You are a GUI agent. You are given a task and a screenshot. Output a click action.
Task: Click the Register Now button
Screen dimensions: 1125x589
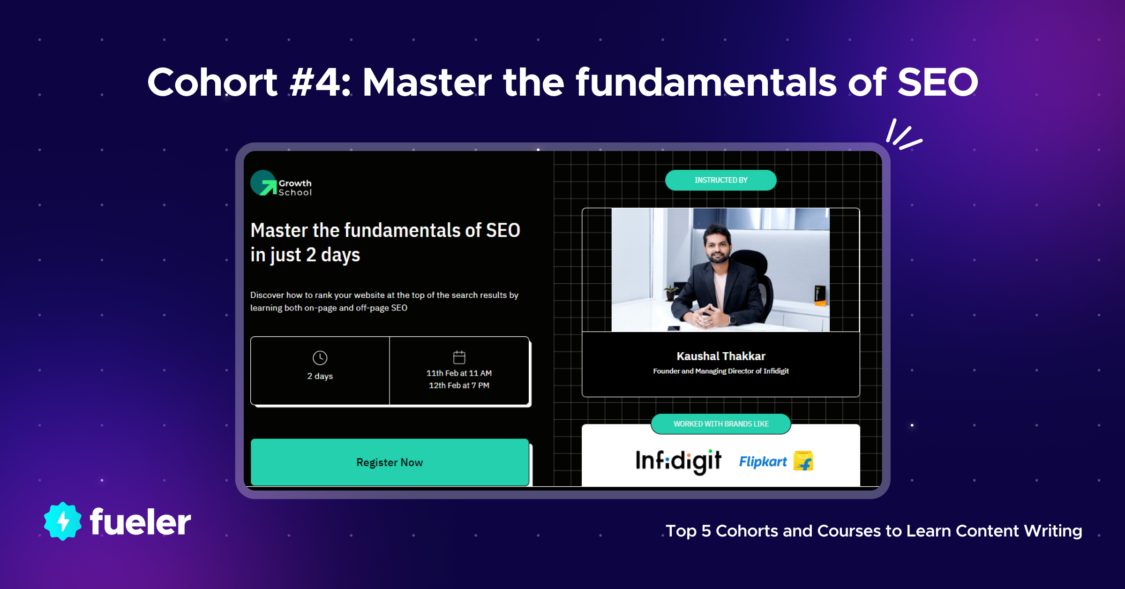[390, 462]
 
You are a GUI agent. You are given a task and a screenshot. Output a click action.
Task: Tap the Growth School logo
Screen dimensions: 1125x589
[281, 183]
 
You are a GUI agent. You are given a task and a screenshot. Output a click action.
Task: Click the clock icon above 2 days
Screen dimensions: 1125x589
[320, 358]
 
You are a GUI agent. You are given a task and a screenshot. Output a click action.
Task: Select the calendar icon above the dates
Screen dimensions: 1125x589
[459, 357]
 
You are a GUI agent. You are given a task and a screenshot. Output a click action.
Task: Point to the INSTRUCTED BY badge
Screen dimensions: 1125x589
[721, 180]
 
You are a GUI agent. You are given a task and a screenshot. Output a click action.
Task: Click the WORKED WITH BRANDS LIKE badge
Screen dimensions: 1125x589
[721, 424]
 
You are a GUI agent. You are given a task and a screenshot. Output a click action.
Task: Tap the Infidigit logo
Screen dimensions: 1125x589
[678, 461]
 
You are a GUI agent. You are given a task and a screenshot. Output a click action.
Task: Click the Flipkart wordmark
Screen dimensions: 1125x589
[763, 462]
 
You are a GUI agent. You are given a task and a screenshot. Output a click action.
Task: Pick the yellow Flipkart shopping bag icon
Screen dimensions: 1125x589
[803, 461]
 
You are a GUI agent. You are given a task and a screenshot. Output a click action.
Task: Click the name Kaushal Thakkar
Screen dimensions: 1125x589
[721, 356]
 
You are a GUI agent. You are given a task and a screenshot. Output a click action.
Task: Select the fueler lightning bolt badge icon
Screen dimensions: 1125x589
[63, 521]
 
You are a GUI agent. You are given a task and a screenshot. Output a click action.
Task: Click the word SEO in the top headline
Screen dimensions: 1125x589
[937, 82]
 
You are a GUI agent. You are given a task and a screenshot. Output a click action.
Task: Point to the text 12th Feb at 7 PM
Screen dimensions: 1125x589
[459, 385]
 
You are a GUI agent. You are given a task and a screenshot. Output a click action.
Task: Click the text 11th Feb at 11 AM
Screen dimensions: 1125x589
[459, 373]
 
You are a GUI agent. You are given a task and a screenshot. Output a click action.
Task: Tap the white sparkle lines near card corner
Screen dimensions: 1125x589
[903, 135]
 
